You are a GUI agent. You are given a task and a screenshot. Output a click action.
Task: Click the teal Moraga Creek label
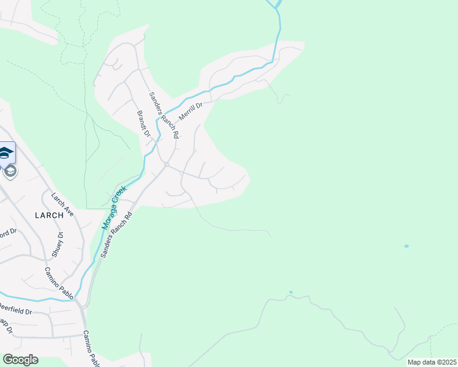pos(114,208)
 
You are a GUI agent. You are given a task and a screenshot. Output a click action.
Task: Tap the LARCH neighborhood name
pos(49,215)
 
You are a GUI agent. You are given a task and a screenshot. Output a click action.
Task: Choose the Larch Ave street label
pos(62,205)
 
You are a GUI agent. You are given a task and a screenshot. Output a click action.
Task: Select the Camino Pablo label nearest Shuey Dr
pos(59,283)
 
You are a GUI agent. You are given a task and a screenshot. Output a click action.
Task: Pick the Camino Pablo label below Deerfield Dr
pos(91,349)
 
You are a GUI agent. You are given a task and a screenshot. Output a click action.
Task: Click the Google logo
pos(20,360)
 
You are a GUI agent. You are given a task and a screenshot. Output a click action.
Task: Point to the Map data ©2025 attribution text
pos(431,362)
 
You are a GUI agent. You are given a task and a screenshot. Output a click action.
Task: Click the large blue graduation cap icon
pos(6,153)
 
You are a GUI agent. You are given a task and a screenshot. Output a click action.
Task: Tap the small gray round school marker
pos(10,171)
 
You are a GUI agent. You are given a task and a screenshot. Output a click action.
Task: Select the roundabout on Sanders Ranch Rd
pos(167,164)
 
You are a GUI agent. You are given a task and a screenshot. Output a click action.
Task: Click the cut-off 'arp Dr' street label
pos(6,325)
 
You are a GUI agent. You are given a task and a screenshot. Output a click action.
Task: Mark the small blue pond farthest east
pos(406,246)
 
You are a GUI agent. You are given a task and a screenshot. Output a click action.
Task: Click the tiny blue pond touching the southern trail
pos(290,292)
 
